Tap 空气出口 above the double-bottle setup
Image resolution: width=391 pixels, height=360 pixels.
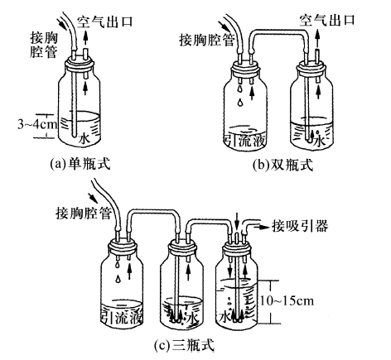click(x=331, y=17)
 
